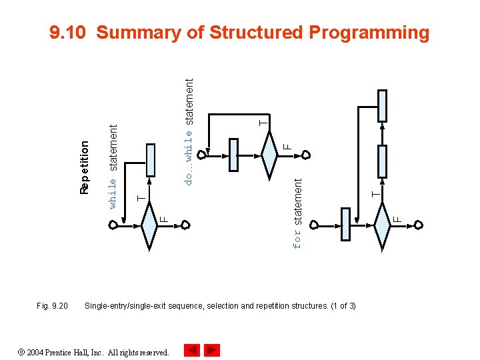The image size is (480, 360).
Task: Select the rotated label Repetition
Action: (x=84, y=167)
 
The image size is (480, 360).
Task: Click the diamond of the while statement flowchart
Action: (x=149, y=227)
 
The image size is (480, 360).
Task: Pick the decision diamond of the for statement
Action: (x=382, y=227)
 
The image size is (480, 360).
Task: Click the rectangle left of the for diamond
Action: (x=345, y=224)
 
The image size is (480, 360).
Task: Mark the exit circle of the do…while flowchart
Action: (x=305, y=155)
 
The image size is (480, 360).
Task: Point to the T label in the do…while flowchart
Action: (x=263, y=122)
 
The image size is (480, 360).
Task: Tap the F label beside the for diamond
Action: (x=397, y=217)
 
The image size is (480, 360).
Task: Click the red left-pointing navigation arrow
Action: (x=192, y=350)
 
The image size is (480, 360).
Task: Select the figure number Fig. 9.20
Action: (x=52, y=306)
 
